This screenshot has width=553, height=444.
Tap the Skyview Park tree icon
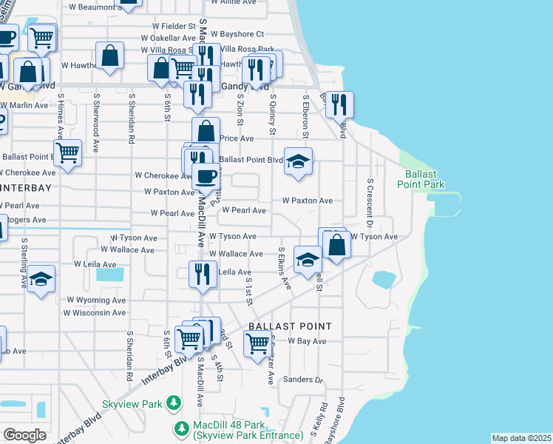173,403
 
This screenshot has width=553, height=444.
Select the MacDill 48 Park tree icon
181,428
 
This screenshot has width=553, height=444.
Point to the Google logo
24,435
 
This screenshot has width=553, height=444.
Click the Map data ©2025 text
521,438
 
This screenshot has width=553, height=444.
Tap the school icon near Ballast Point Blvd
298,162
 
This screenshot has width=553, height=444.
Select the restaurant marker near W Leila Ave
203,274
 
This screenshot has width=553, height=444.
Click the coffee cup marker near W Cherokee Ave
206,176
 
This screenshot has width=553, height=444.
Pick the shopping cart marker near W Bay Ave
257,343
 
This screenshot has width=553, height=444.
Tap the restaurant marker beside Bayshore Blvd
339,104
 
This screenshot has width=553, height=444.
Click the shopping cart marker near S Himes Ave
67,153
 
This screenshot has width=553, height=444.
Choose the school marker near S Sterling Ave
42,279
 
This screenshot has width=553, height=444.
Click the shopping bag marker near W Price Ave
206,131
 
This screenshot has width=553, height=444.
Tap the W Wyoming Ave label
96,300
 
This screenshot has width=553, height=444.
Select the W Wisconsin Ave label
95,312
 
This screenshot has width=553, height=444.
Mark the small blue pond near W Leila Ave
110,275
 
